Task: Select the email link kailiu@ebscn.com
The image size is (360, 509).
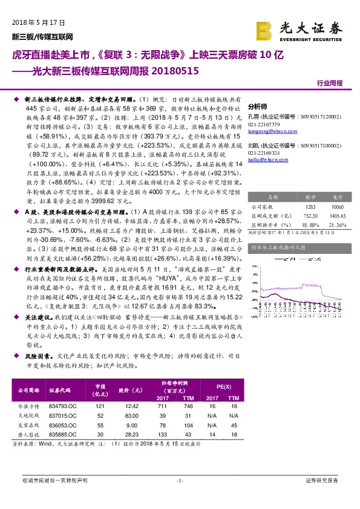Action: coord(261,160)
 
